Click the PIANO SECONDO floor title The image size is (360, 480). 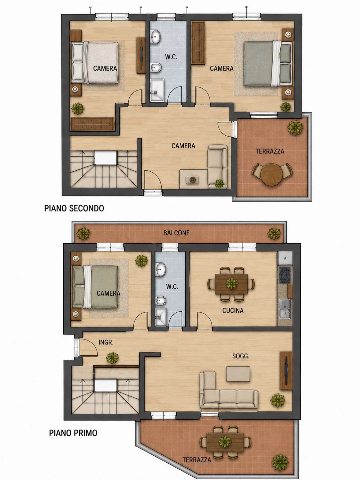click(74, 208)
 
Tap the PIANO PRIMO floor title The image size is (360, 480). click(73, 433)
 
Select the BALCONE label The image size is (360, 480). click(176, 233)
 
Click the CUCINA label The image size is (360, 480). click(233, 311)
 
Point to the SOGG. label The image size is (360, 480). click(241, 356)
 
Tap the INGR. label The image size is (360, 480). click(106, 342)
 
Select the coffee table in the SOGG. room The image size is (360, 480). click(238, 374)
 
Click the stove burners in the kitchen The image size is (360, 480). click(285, 275)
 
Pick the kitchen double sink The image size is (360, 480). click(285, 309)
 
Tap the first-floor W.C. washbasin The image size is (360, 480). click(161, 269)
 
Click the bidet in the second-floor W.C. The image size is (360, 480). click(156, 67)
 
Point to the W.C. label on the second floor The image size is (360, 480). click(171, 57)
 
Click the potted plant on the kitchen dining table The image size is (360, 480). click(232, 284)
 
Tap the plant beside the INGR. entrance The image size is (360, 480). click(112, 358)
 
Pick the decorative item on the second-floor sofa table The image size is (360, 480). click(193, 180)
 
